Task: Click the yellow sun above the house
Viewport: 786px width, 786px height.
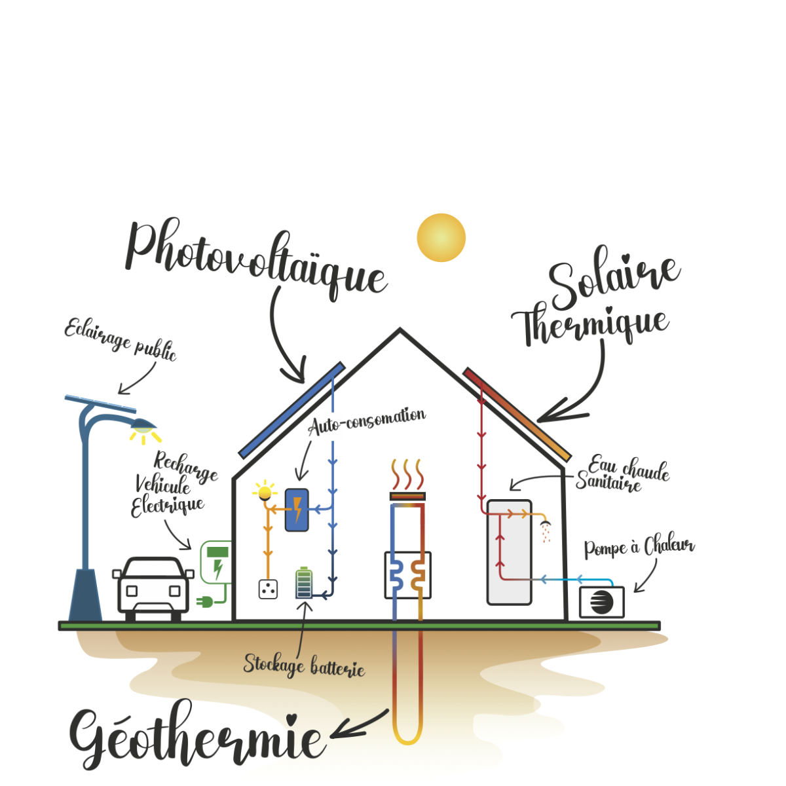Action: [x=441, y=237]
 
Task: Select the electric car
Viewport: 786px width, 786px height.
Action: [x=153, y=588]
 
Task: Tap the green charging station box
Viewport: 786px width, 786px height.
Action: [x=217, y=561]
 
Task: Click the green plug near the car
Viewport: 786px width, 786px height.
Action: [x=205, y=601]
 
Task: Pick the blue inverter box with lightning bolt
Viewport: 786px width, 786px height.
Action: [x=297, y=510]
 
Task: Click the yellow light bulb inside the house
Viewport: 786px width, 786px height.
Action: [x=265, y=491]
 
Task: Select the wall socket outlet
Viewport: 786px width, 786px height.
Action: [x=268, y=589]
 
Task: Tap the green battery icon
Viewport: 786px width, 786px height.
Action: [x=303, y=583]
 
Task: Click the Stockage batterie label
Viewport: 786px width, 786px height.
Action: [x=304, y=665]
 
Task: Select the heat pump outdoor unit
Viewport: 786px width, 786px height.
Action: [x=602, y=602]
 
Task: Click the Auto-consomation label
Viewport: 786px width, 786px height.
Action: [x=366, y=421]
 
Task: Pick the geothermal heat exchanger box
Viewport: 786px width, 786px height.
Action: [x=407, y=574]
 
